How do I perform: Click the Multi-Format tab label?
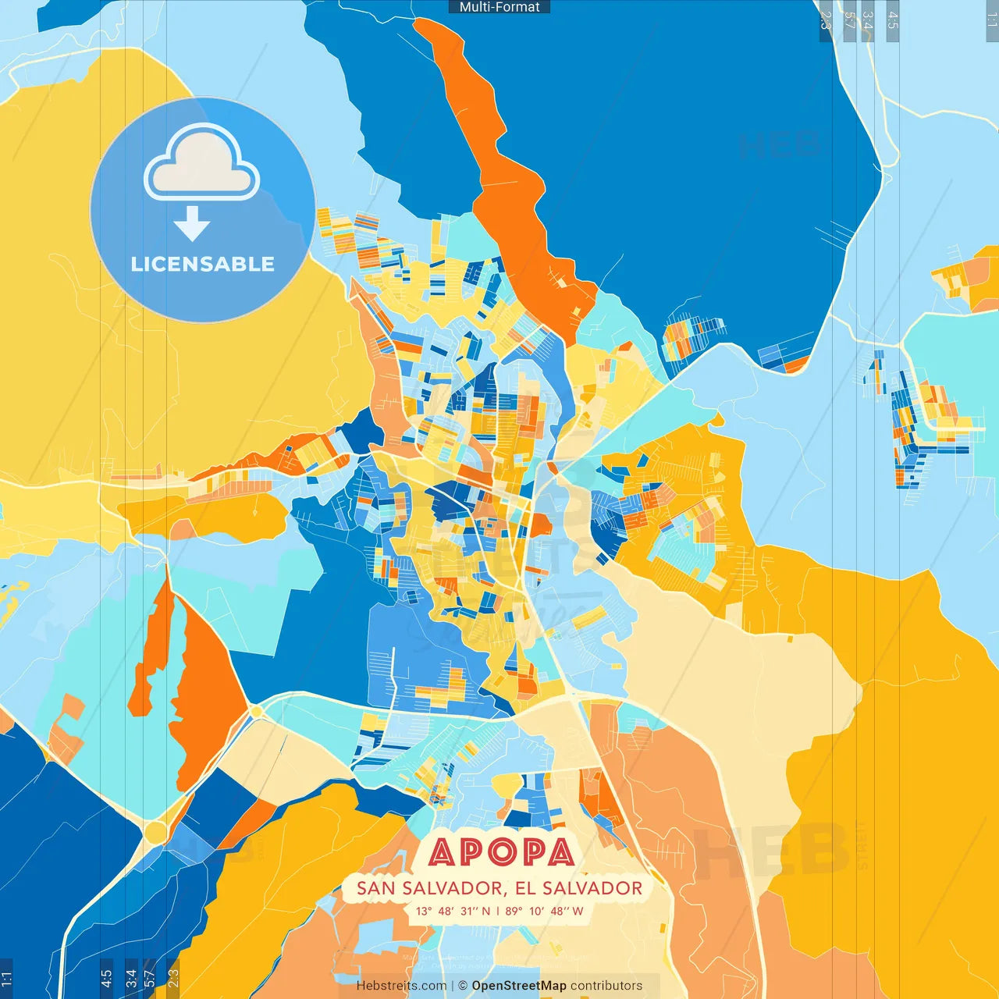point(499,7)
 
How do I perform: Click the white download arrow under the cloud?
point(192,223)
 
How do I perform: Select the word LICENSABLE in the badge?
point(203,264)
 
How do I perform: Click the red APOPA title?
point(501,852)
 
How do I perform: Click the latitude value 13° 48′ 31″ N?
point(453,911)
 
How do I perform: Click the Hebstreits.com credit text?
point(402,986)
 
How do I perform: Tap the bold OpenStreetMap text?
point(519,986)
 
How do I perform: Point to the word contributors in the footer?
point(606,986)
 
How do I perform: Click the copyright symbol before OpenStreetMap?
point(463,986)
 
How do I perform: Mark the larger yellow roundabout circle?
point(155,832)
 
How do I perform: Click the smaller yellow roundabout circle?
point(256,712)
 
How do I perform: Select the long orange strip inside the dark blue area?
point(507,172)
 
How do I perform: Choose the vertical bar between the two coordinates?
point(498,911)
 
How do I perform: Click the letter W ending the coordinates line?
point(578,911)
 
